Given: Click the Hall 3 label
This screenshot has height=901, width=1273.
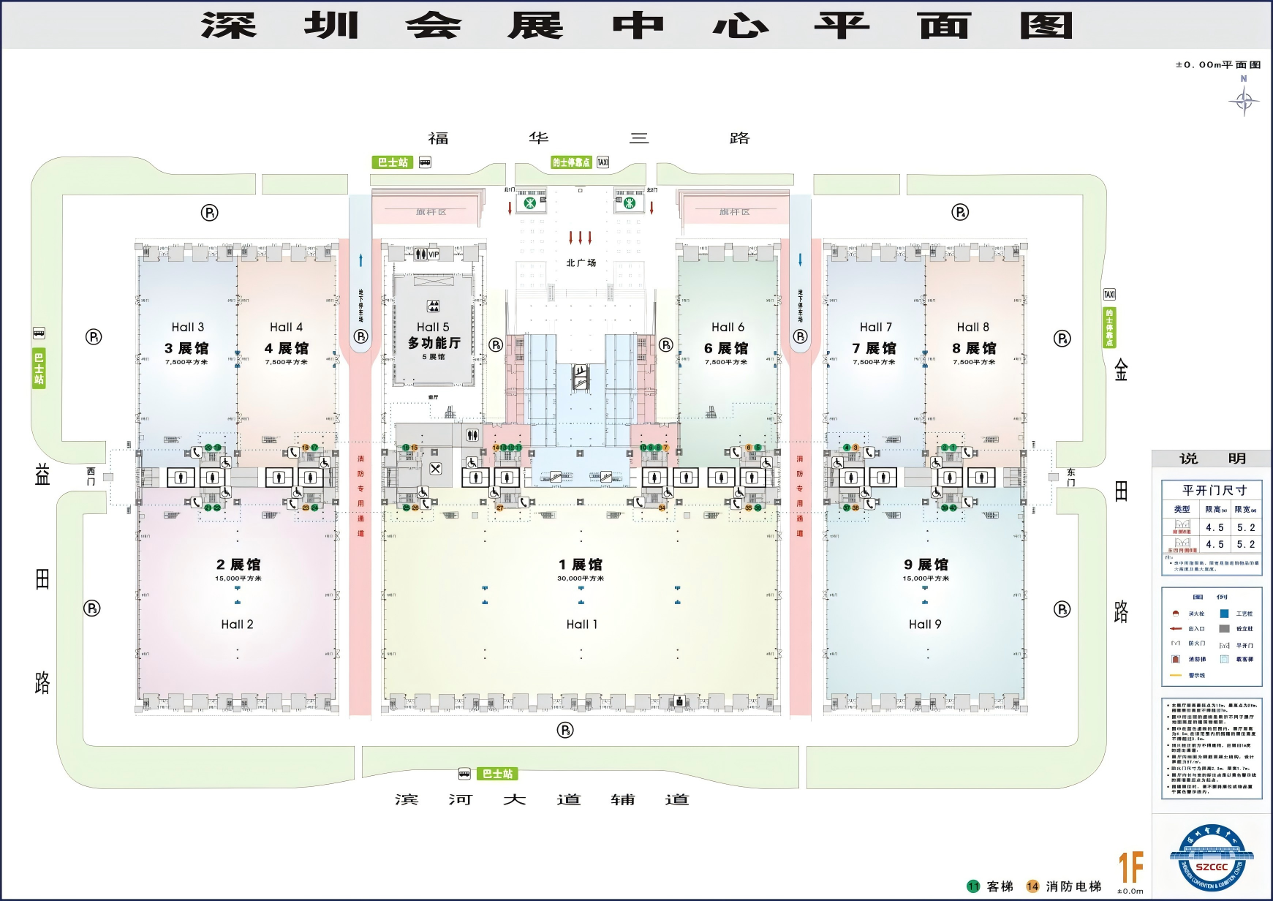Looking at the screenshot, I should tap(188, 327).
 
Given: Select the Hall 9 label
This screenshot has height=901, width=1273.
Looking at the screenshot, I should tap(925, 624).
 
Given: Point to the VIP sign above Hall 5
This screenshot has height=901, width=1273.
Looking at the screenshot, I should tap(434, 255).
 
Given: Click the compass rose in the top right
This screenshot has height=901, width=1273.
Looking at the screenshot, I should tap(1244, 100).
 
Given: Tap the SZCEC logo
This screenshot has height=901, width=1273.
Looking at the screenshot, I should tap(1212, 857).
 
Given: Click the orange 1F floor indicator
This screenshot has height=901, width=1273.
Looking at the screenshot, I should tap(1130, 867).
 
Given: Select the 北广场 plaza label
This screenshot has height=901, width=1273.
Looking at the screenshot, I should tap(581, 263).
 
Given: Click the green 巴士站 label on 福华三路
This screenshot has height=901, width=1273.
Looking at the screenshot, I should tap(393, 162).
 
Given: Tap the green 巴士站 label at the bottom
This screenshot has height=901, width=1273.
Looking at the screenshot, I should tap(497, 774).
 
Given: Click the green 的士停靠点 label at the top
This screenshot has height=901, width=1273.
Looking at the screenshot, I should tap(570, 162).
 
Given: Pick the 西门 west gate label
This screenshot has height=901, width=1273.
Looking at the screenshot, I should tap(91, 476).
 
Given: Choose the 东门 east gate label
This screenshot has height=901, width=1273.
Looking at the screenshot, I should tap(1071, 477).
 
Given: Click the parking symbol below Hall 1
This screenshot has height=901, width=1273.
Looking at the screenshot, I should tap(565, 730).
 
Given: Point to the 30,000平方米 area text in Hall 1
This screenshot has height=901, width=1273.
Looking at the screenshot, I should tap(581, 578).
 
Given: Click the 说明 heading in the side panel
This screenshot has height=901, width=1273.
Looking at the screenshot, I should tap(1212, 459).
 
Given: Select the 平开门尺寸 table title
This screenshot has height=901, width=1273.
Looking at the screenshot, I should tap(1214, 490).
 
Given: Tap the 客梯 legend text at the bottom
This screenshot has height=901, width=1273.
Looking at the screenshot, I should tap(1000, 886).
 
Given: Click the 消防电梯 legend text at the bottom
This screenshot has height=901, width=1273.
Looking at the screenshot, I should tap(1073, 886).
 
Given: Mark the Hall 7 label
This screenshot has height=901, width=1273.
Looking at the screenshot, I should tap(875, 327).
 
